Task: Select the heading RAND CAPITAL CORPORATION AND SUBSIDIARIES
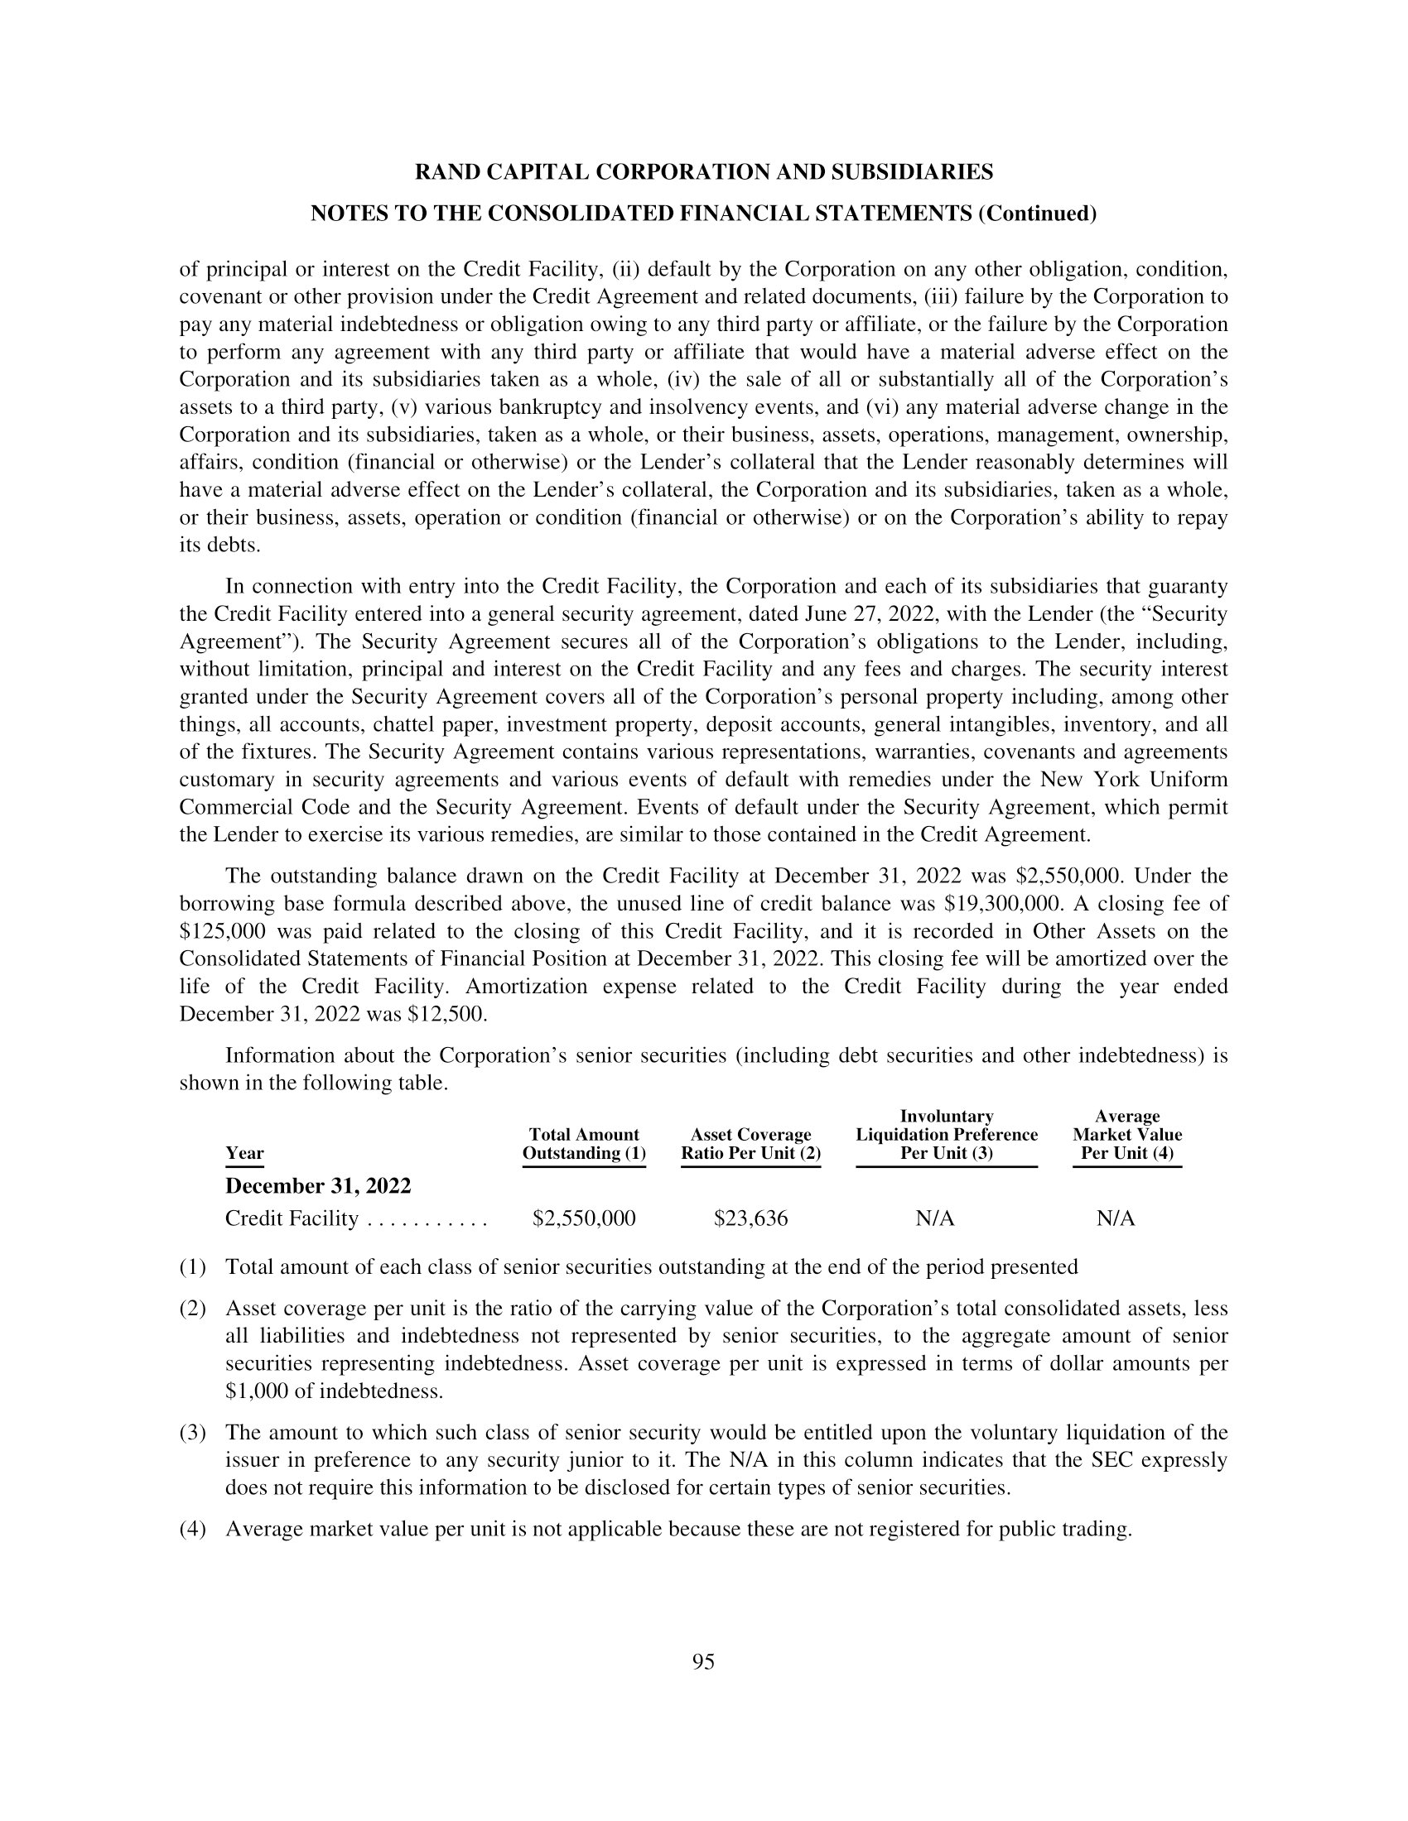703,173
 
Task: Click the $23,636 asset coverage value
750,1219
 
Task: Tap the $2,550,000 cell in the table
584,1219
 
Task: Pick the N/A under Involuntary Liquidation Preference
934,1219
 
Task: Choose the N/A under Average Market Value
1116,1219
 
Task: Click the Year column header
244,1153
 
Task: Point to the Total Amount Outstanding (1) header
584,1144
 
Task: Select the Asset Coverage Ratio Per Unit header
750,1144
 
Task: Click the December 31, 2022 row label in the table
318,1185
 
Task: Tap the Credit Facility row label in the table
291,1219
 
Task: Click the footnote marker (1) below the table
193,1267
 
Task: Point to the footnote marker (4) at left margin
193,1530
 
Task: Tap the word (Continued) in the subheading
1037,214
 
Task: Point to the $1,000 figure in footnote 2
257,1391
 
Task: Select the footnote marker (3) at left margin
193,1434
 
